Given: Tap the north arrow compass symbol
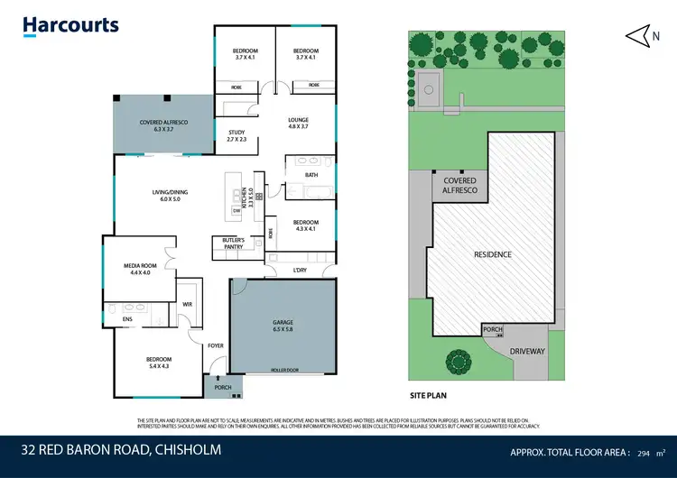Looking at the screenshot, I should pos(639,34).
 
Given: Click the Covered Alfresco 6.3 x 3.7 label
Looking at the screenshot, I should pos(162,125).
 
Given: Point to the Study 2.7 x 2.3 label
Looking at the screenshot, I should pos(236,135).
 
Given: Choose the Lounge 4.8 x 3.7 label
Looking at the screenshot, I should pos(298,123).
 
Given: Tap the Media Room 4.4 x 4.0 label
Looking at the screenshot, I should pos(140,269).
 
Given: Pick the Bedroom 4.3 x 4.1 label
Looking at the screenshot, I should pos(305,225).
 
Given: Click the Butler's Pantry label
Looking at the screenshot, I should pos(234,242).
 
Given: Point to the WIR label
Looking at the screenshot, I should pos(188,305).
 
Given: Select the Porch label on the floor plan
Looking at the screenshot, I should pos(223,388).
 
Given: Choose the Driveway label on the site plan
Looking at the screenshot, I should pos(527,351).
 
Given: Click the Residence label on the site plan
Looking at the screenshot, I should pos(493,254).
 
